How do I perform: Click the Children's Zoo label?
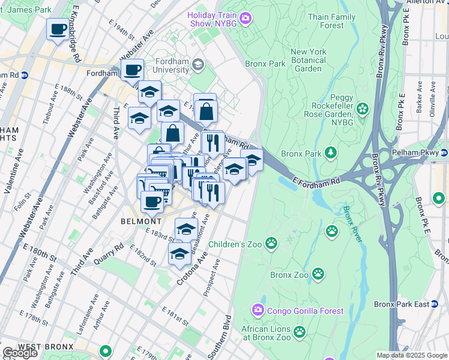click(234, 244)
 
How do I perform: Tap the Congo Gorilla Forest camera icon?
click(258, 310)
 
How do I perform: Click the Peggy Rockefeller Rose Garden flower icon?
click(362, 109)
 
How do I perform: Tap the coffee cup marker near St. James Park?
click(58, 29)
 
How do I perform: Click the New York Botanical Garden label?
click(308, 60)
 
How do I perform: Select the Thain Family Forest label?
click(331, 21)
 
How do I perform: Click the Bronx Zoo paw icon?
click(318, 275)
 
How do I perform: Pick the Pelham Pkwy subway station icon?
click(444, 152)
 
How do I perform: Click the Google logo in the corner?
click(20, 352)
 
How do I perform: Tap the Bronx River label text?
click(353, 224)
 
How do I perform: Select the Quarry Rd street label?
click(109, 255)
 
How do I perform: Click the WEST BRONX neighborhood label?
click(45, 347)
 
